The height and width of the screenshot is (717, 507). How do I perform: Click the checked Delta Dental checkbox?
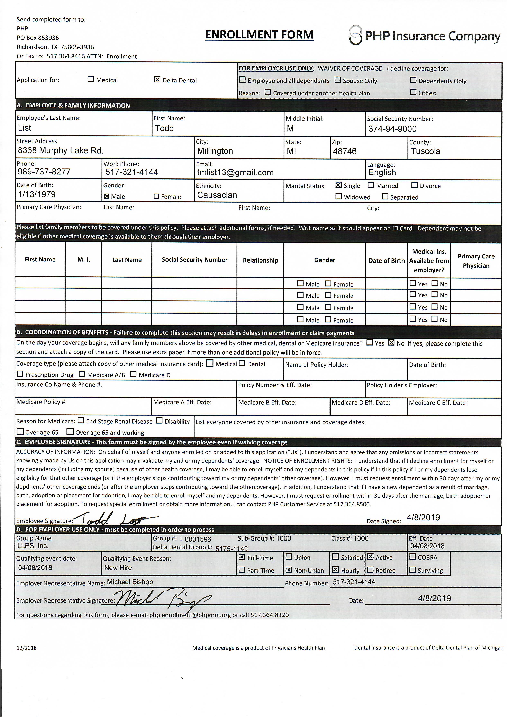coord(157,80)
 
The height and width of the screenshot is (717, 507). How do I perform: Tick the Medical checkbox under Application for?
coord(91,79)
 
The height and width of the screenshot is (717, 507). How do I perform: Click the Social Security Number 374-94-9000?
coord(392,129)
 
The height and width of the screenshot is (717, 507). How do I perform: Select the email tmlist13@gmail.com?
coord(235,172)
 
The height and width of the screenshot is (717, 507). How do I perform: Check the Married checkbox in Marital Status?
coord(371,185)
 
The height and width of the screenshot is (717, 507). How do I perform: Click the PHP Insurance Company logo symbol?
coord(355,35)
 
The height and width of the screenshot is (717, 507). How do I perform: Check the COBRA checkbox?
coord(412,557)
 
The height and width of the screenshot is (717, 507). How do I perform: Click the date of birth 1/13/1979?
coord(37,194)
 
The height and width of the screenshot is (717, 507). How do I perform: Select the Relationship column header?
coord(260,260)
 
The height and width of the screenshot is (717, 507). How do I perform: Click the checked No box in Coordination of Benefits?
coord(391,343)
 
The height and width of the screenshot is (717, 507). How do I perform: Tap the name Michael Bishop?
coord(130,582)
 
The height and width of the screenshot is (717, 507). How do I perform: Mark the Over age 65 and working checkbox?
coord(70,432)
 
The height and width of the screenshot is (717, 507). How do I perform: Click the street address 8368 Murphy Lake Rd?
coord(60,150)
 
